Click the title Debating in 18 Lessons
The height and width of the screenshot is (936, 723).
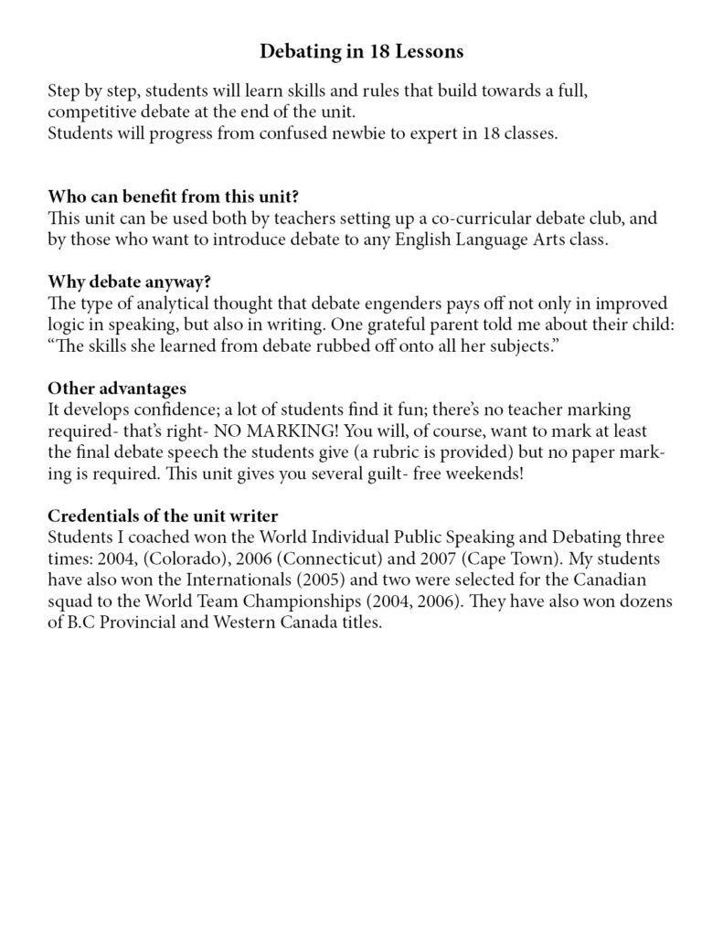(x=362, y=52)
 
